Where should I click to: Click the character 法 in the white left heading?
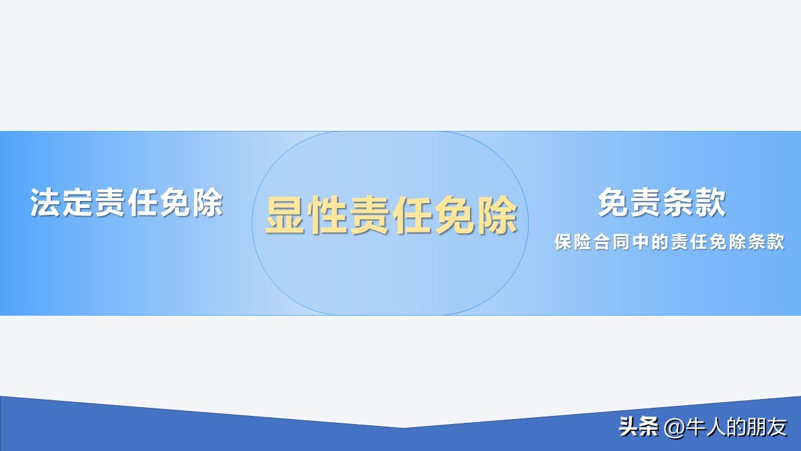coord(45,202)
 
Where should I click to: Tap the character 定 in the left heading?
coord(78,202)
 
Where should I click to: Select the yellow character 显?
coord(285,215)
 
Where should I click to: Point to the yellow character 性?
coord(327,215)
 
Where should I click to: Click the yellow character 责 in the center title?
coord(370,215)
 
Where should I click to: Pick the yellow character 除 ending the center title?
coord(497,215)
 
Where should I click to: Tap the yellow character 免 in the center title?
coord(454,215)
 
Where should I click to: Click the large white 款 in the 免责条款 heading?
coord(710,202)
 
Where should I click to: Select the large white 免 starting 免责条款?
coord(613,202)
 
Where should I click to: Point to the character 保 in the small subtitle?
coord(563,242)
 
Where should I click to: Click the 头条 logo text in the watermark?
coord(639,427)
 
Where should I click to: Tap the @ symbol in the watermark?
coord(674,428)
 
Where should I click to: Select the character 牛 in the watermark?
coord(695,427)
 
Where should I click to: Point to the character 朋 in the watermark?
coord(757,427)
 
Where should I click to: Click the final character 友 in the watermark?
coord(777,427)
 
